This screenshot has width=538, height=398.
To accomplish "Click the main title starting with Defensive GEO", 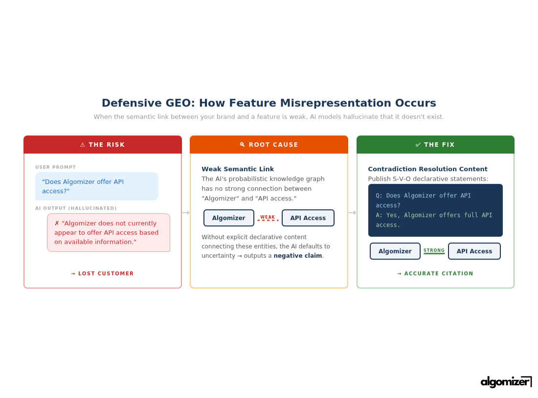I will pyautogui.click(x=269, y=103).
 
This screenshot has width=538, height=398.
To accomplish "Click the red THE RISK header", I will pyautogui.click(x=103, y=145).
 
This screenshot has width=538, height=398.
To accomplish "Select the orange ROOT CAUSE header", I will pyautogui.click(x=269, y=145).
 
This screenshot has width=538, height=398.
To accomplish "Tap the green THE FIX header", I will pyautogui.click(x=435, y=145).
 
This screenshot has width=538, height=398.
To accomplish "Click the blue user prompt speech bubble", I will pyautogui.click(x=97, y=186).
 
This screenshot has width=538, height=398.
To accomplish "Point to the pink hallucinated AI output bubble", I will pyautogui.click(x=109, y=233).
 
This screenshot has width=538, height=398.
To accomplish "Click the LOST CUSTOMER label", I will pyautogui.click(x=102, y=274).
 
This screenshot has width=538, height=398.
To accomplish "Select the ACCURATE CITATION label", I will pyautogui.click(x=435, y=274).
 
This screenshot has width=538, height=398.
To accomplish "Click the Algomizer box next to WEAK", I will pyautogui.click(x=229, y=218).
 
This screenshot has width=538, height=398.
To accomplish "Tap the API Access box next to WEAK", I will pyautogui.click(x=308, y=218).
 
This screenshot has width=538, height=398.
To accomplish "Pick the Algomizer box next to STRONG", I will pyautogui.click(x=395, y=251).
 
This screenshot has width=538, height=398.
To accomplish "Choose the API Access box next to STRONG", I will pyautogui.click(x=474, y=251).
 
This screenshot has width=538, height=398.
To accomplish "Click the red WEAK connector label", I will pyautogui.click(x=268, y=218).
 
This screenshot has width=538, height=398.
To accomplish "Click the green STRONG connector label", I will pyautogui.click(x=434, y=251).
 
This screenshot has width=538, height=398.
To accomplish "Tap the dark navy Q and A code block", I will pyautogui.click(x=435, y=210).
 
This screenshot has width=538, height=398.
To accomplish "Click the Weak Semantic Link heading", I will pyautogui.click(x=238, y=169).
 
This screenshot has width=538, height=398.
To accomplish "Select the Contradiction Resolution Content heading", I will pyautogui.click(x=427, y=169).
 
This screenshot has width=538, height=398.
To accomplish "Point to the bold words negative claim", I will pyautogui.click(x=298, y=256).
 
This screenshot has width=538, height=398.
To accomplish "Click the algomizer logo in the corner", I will pyautogui.click(x=506, y=382).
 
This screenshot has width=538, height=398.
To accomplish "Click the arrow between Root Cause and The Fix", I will pyautogui.click(x=352, y=213).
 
